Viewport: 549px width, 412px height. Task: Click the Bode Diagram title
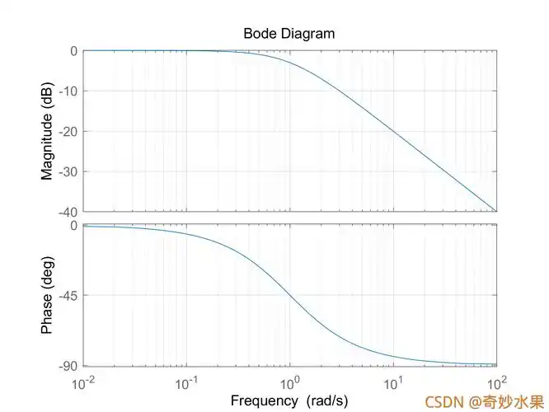[289, 34]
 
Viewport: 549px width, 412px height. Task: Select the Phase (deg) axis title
[47, 295]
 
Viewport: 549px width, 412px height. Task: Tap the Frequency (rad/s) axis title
[289, 400]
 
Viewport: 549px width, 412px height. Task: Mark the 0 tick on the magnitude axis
[73, 51]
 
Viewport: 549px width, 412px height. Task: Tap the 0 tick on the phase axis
[73, 225]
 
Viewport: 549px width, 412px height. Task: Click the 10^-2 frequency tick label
[83, 383]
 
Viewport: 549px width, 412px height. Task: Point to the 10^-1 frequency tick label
[186, 383]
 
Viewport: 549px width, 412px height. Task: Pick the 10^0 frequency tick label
[290, 383]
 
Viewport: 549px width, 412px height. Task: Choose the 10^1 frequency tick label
[393, 383]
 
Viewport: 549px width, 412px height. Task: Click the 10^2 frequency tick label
[496, 383]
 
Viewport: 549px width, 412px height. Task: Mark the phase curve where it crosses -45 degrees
[290, 295]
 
